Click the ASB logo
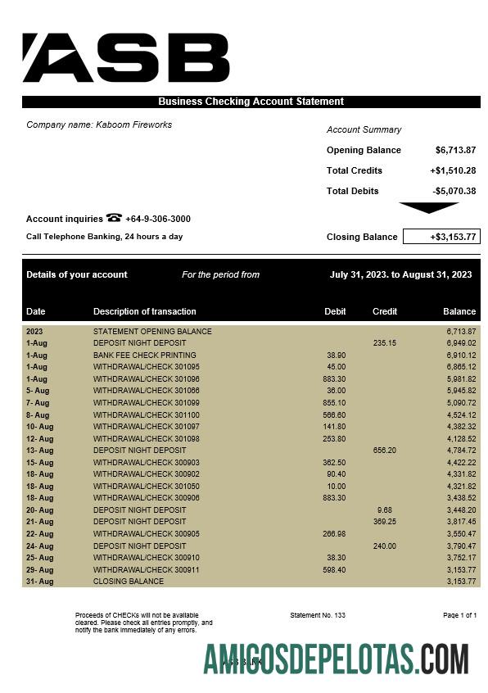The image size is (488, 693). point(125,58)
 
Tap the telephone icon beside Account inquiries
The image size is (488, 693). point(114,218)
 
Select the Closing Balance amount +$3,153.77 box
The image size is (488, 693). point(441,237)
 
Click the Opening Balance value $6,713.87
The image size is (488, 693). point(455,150)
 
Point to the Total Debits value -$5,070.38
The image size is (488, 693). point(454,191)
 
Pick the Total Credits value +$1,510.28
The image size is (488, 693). point(453,170)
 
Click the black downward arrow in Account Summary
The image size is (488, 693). point(428,208)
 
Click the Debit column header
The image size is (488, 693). point(335,311)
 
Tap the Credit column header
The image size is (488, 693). point(385,311)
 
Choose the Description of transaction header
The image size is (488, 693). point(145,311)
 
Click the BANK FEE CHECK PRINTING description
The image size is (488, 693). point(145,356)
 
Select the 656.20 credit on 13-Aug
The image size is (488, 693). point(385,451)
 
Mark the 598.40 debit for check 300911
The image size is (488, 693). point(334,569)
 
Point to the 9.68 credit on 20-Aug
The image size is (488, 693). point(386,510)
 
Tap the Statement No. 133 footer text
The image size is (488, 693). point(318,614)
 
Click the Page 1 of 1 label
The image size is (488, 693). point(459,614)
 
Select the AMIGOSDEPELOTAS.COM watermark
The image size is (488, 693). point(336,659)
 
